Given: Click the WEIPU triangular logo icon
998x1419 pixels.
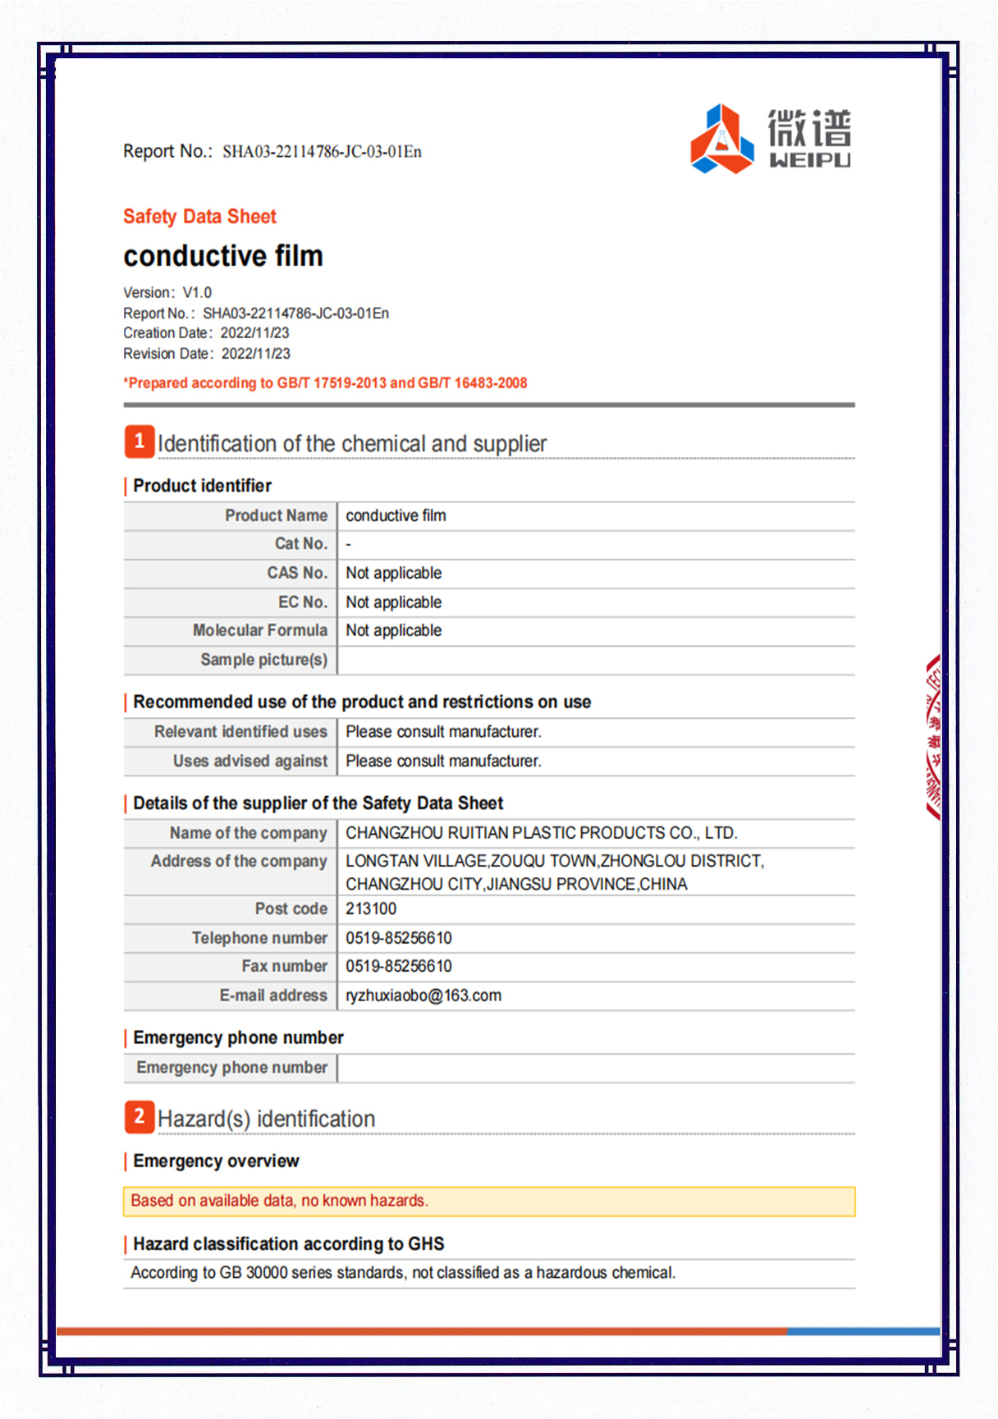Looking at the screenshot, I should click(x=721, y=140).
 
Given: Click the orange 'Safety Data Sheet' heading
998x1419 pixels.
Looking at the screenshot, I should click(x=199, y=217).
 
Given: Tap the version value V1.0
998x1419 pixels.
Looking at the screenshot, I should click(x=197, y=293).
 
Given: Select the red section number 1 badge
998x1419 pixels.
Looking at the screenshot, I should click(x=140, y=442).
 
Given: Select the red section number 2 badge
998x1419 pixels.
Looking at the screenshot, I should click(x=140, y=1117).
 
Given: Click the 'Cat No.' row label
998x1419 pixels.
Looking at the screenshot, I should click(x=300, y=544).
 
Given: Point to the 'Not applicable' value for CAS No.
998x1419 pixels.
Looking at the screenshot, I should click(x=393, y=573).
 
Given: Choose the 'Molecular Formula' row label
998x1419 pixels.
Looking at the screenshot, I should click(x=259, y=630).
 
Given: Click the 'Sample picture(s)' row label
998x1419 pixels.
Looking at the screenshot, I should click(x=263, y=660).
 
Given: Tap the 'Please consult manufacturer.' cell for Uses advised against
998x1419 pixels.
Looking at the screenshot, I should click(x=443, y=761).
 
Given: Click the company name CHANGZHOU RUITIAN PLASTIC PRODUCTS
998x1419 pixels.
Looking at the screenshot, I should click(x=541, y=833).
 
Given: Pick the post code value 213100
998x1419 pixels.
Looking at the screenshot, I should click(x=371, y=909).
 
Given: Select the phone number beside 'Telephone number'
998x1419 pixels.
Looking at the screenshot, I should click(x=399, y=938).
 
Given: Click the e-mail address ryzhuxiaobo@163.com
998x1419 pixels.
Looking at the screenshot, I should click(x=423, y=996).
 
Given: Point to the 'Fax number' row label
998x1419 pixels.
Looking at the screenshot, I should click(x=284, y=966).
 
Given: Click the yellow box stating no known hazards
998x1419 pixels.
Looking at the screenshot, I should click(x=488, y=1202).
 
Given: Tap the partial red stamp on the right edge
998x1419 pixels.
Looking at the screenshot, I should click(x=933, y=737).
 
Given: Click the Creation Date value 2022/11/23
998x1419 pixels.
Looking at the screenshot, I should click(x=254, y=333).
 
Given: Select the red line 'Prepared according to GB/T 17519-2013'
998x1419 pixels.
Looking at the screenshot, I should click(x=326, y=383).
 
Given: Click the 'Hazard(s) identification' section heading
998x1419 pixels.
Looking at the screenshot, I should click(x=266, y=1119).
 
